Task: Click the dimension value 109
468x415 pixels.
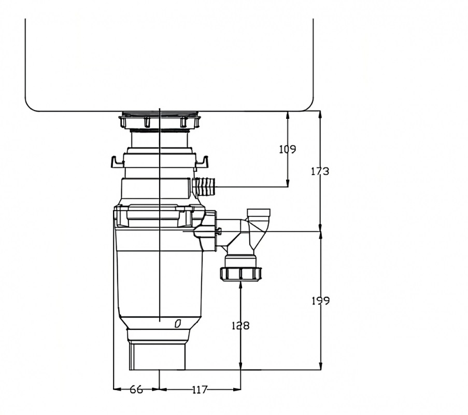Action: (x=287, y=149)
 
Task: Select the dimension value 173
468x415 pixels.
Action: (x=320, y=171)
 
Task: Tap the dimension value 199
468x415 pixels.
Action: (x=320, y=301)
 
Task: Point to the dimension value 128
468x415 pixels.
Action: (x=240, y=326)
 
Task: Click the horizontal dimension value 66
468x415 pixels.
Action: (x=136, y=390)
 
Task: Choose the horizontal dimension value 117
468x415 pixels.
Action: (x=199, y=390)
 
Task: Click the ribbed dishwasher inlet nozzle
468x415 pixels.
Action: (x=206, y=186)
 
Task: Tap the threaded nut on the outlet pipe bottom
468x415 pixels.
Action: (x=241, y=273)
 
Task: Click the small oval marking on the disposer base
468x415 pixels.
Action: (x=178, y=324)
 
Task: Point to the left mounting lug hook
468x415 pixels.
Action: (x=117, y=162)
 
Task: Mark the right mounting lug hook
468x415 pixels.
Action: (x=203, y=162)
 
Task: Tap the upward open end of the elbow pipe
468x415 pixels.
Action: (x=259, y=212)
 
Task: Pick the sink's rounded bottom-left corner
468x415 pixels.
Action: (x=33, y=104)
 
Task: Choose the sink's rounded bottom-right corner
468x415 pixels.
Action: (x=306, y=104)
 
